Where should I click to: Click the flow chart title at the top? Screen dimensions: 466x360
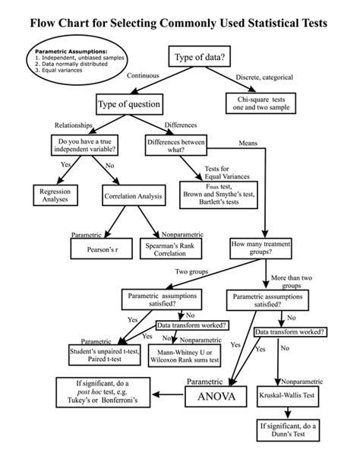coord(179,24)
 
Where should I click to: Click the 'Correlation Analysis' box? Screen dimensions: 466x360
coord(133,197)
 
